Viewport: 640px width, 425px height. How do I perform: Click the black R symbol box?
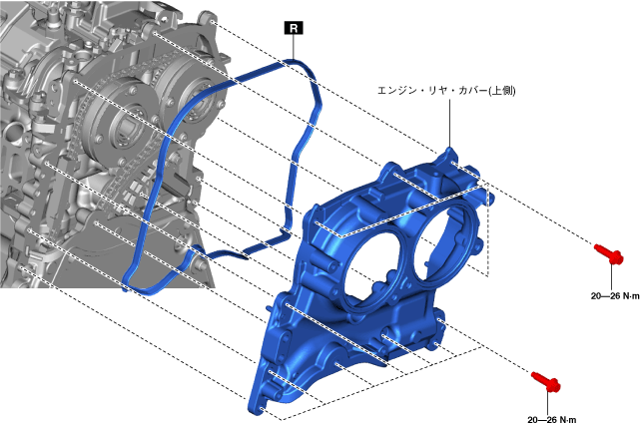(x=294, y=28)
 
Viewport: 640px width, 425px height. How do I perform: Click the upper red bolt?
(x=609, y=253)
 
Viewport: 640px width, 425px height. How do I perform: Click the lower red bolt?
(x=546, y=381)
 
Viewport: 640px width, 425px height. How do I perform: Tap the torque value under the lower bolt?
(x=551, y=420)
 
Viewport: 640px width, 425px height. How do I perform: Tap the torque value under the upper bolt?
(x=615, y=296)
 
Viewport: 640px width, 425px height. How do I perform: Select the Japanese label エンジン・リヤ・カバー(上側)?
(x=446, y=90)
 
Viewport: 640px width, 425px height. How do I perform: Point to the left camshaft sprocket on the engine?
(x=120, y=124)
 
